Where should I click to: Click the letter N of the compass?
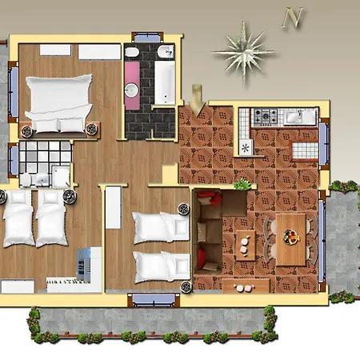coord(293,18)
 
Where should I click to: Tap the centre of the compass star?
coord(244,53)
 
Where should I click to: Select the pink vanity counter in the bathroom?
coord(132,86)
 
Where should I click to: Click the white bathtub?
coord(165,82)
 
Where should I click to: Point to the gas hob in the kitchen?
coord(266,117)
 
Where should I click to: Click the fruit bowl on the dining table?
coord(291,237)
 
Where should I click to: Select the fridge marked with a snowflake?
coord(246,147)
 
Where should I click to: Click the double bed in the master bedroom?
coord(59,103)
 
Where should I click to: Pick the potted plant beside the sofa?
coord(242,184)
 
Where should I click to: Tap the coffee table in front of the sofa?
coord(246,246)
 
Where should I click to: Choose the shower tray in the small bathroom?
coord(62,176)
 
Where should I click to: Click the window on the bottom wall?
coord(154,300)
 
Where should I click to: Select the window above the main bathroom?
coord(147,38)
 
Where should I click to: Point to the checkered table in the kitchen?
coord(305,150)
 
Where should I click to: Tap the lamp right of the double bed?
coord(92,129)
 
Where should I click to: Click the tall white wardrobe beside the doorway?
coord(114,207)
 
